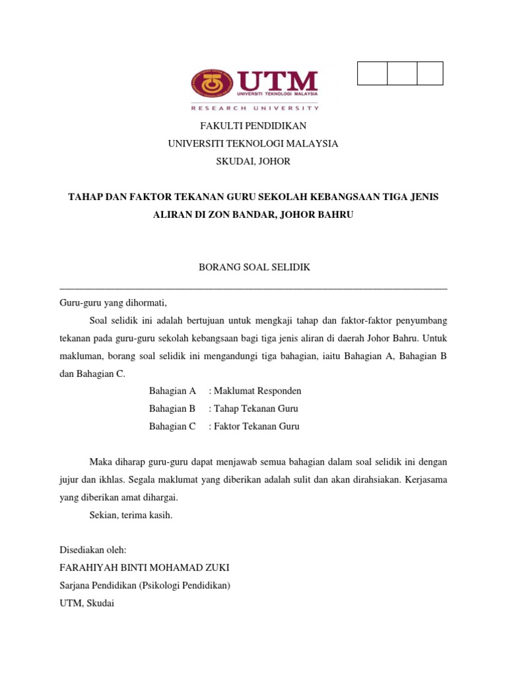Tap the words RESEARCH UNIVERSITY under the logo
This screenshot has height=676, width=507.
tap(255, 108)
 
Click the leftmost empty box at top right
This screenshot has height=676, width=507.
tap(372, 73)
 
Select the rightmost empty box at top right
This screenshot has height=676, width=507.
tap(430, 73)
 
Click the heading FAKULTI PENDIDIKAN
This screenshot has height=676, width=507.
tap(253, 125)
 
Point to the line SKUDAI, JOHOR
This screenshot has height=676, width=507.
tap(253, 161)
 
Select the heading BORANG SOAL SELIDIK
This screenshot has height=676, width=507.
tap(254, 267)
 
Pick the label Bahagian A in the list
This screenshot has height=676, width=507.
tap(173, 391)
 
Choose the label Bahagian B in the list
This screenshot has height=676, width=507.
tap(173, 409)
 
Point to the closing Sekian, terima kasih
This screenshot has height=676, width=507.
tap(131, 515)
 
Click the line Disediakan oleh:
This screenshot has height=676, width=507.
tap(92, 550)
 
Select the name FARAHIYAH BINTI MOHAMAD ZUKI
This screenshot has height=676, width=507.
tap(145, 568)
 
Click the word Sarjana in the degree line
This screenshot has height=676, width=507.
tap(76, 586)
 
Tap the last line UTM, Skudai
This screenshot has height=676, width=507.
tap(87, 603)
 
